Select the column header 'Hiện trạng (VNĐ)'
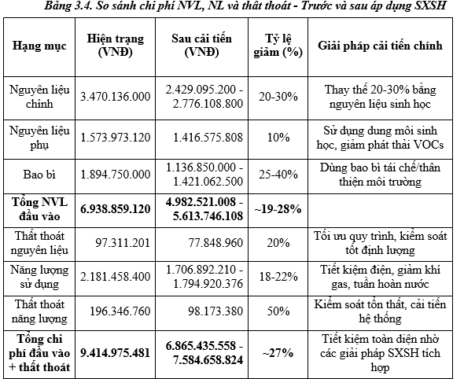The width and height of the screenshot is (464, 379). [x=115, y=46]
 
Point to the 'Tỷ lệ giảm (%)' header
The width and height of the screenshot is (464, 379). [x=275, y=46]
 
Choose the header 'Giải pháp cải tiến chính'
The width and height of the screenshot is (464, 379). [x=380, y=46]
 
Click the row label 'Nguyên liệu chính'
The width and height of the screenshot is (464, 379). [x=39, y=96]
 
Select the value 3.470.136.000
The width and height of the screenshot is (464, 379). [x=115, y=96]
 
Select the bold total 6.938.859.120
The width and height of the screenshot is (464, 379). [x=115, y=208]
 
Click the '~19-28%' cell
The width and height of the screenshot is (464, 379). [x=275, y=208]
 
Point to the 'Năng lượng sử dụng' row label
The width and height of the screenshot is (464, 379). [x=39, y=278]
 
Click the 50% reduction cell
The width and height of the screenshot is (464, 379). [x=275, y=312]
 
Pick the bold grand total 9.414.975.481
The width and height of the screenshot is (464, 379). [x=115, y=353]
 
